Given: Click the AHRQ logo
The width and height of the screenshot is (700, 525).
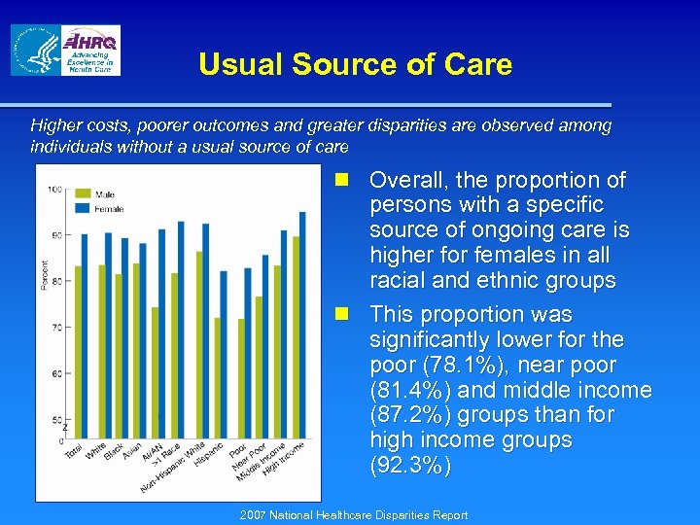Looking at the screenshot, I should tap(88, 51).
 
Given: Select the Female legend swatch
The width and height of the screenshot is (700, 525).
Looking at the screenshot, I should tap(85, 208).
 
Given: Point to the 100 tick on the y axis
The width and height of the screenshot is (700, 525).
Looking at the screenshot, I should tap(55, 189).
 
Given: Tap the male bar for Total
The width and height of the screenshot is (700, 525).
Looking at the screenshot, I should tap(79, 351).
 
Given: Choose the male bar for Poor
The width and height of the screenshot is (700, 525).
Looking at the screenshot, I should tap(241, 377).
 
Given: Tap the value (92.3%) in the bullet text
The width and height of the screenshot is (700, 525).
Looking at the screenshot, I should tap(410, 466).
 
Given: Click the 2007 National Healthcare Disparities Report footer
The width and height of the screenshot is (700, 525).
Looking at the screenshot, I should tap(354, 515).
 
